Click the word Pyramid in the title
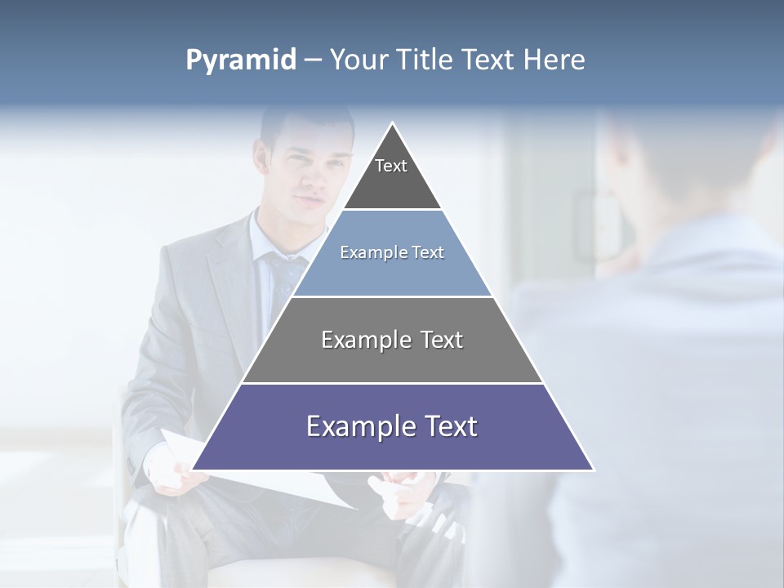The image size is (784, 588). pos(241,60)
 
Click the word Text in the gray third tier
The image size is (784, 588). pos(442,340)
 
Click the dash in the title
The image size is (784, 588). pos(313,60)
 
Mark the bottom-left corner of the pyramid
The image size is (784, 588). pos(192,470)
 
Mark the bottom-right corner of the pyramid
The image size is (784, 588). pos(594,470)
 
